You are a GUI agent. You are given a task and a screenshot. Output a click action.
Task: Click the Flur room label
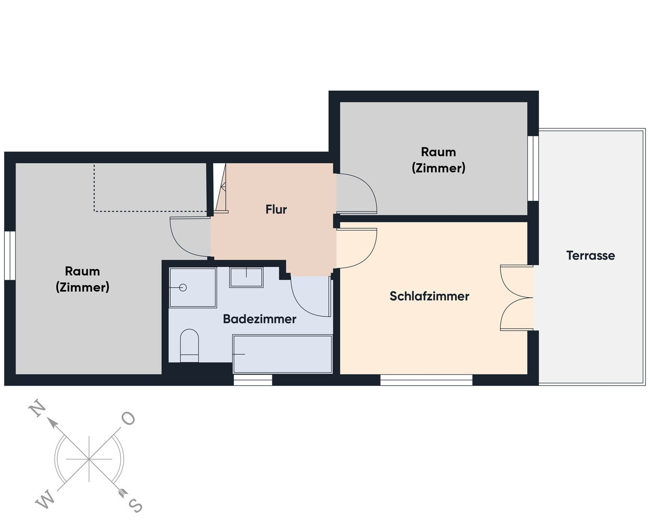[276, 209]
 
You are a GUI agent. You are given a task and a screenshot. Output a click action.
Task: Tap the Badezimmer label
[259, 319]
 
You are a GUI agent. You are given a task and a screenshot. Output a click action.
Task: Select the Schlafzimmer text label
[429, 296]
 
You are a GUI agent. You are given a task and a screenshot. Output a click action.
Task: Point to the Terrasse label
[590, 256]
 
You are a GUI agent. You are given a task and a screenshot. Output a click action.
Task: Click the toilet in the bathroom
[190, 346]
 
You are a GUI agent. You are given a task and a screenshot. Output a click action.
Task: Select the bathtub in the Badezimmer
[282, 354]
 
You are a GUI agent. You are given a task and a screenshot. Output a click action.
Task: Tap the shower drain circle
[183, 287]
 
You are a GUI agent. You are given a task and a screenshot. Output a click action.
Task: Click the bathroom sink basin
[246, 277]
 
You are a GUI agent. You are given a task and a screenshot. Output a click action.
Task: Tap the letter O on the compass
[128, 418]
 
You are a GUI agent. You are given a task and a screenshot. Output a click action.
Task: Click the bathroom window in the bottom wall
[253, 380]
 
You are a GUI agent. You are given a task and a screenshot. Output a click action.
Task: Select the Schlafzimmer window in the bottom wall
[426, 380]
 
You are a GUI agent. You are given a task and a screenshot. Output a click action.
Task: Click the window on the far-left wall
[10, 256]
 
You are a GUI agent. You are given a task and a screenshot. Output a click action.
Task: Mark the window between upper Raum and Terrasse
[533, 169]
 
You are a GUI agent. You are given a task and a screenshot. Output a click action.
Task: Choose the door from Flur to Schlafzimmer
[357, 248]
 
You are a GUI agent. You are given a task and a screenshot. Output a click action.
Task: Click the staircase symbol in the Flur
[220, 188]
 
